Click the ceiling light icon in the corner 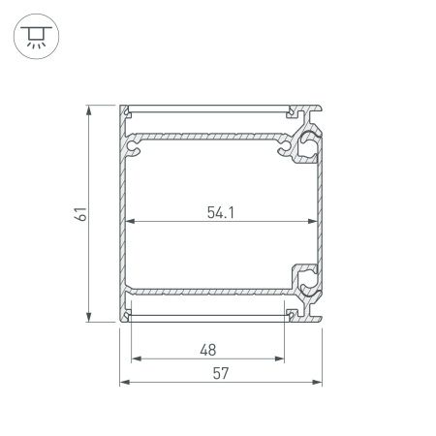pyautogui.click(x=34, y=36)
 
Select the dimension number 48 pyautogui.click(x=207, y=349)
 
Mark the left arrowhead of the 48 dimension pyautogui.click(x=134, y=358)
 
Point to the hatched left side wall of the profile pyautogui.click(x=123, y=213)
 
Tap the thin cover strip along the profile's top pyautogui.click(x=208, y=107)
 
